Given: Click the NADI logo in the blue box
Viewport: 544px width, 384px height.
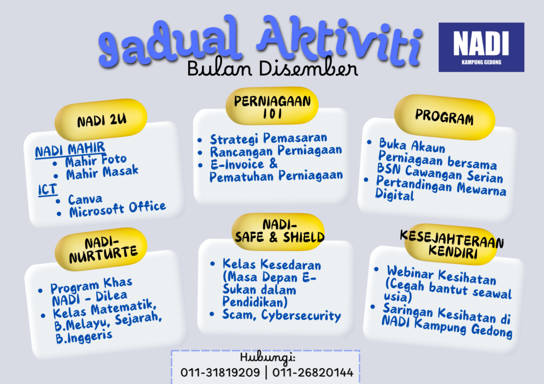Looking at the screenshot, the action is point(481,47).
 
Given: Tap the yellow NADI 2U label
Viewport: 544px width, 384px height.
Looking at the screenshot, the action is point(101,119).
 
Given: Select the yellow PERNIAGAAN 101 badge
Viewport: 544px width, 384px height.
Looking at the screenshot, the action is point(272,106).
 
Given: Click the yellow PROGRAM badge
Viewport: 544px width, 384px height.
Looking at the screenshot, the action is point(445,117).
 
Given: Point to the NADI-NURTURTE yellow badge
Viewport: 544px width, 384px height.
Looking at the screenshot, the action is point(101,249).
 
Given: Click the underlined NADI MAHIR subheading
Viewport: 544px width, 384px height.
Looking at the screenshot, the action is point(70,149).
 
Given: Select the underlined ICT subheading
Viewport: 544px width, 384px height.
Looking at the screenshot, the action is point(47,190).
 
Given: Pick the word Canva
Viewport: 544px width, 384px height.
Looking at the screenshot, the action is point(85,199).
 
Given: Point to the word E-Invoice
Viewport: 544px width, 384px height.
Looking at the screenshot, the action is point(237,164).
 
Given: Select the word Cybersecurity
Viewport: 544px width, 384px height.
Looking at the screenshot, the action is point(301,316).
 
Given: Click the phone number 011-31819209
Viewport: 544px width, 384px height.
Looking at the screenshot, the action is point(220,372).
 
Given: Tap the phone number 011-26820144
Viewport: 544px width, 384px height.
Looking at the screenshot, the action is point(312,372).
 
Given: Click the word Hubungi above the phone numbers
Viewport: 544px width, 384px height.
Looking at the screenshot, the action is point(268,357).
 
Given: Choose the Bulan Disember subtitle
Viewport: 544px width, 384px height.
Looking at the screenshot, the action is point(273,68).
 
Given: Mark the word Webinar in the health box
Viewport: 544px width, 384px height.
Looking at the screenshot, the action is point(410,273).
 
